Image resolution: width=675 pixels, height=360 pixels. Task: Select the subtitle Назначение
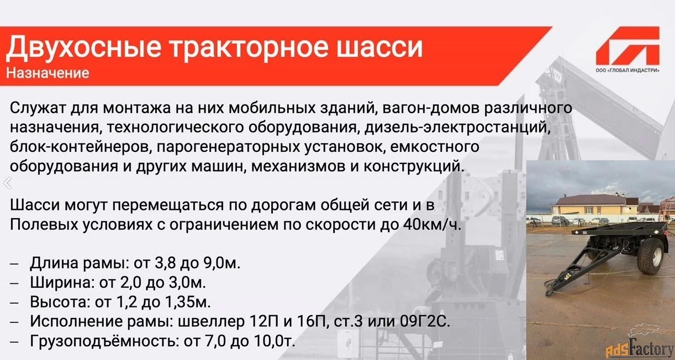(x=48, y=73)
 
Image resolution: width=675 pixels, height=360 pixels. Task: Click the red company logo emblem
(x=627, y=46)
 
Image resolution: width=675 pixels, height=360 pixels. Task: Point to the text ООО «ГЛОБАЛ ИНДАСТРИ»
(x=627, y=71)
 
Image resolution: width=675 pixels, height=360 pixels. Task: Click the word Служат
(x=38, y=108)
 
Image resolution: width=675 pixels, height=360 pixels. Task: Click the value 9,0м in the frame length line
(x=220, y=263)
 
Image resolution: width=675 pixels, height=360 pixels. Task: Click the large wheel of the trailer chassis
(x=650, y=256)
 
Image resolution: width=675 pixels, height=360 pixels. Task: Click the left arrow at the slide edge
(x=8, y=183)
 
